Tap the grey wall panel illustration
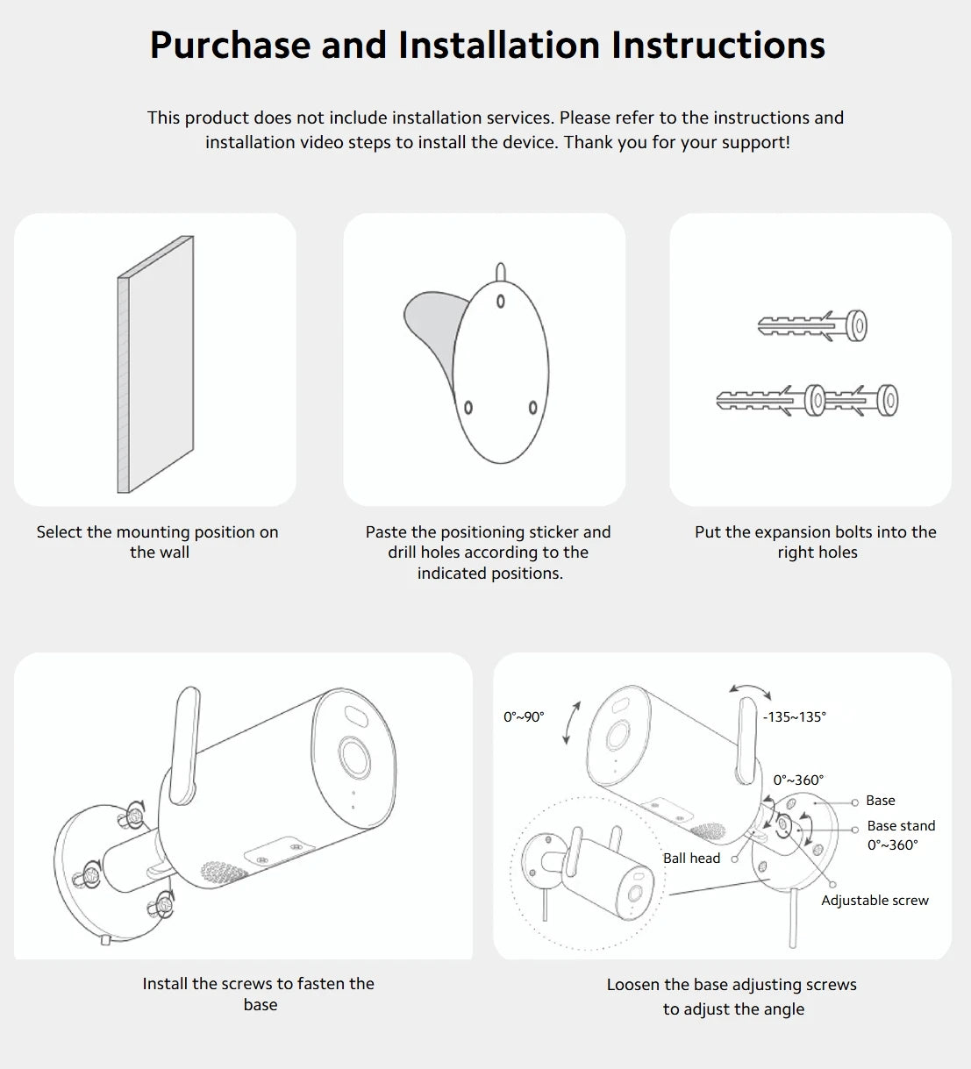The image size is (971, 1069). click(x=155, y=364)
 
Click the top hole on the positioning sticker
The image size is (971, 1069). click(x=501, y=302)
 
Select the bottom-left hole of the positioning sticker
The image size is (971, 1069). click(x=468, y=408)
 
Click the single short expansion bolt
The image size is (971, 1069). click(x=812, y=326)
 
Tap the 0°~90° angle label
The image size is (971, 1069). click(x=524, y=717)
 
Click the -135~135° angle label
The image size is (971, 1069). click(x=794, y=717)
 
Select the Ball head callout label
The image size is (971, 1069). click(x=691, y=859)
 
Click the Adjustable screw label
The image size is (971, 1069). click(x=875, y=901)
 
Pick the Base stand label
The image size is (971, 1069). click(x=901, y=826)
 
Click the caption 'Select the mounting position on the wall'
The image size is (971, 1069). click(x=158, y=542)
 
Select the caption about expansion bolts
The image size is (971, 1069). click(x=816, y=542)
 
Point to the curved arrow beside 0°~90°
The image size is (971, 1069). click(x=571, y=723)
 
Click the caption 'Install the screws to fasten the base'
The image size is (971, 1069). click(x=259, y=994)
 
